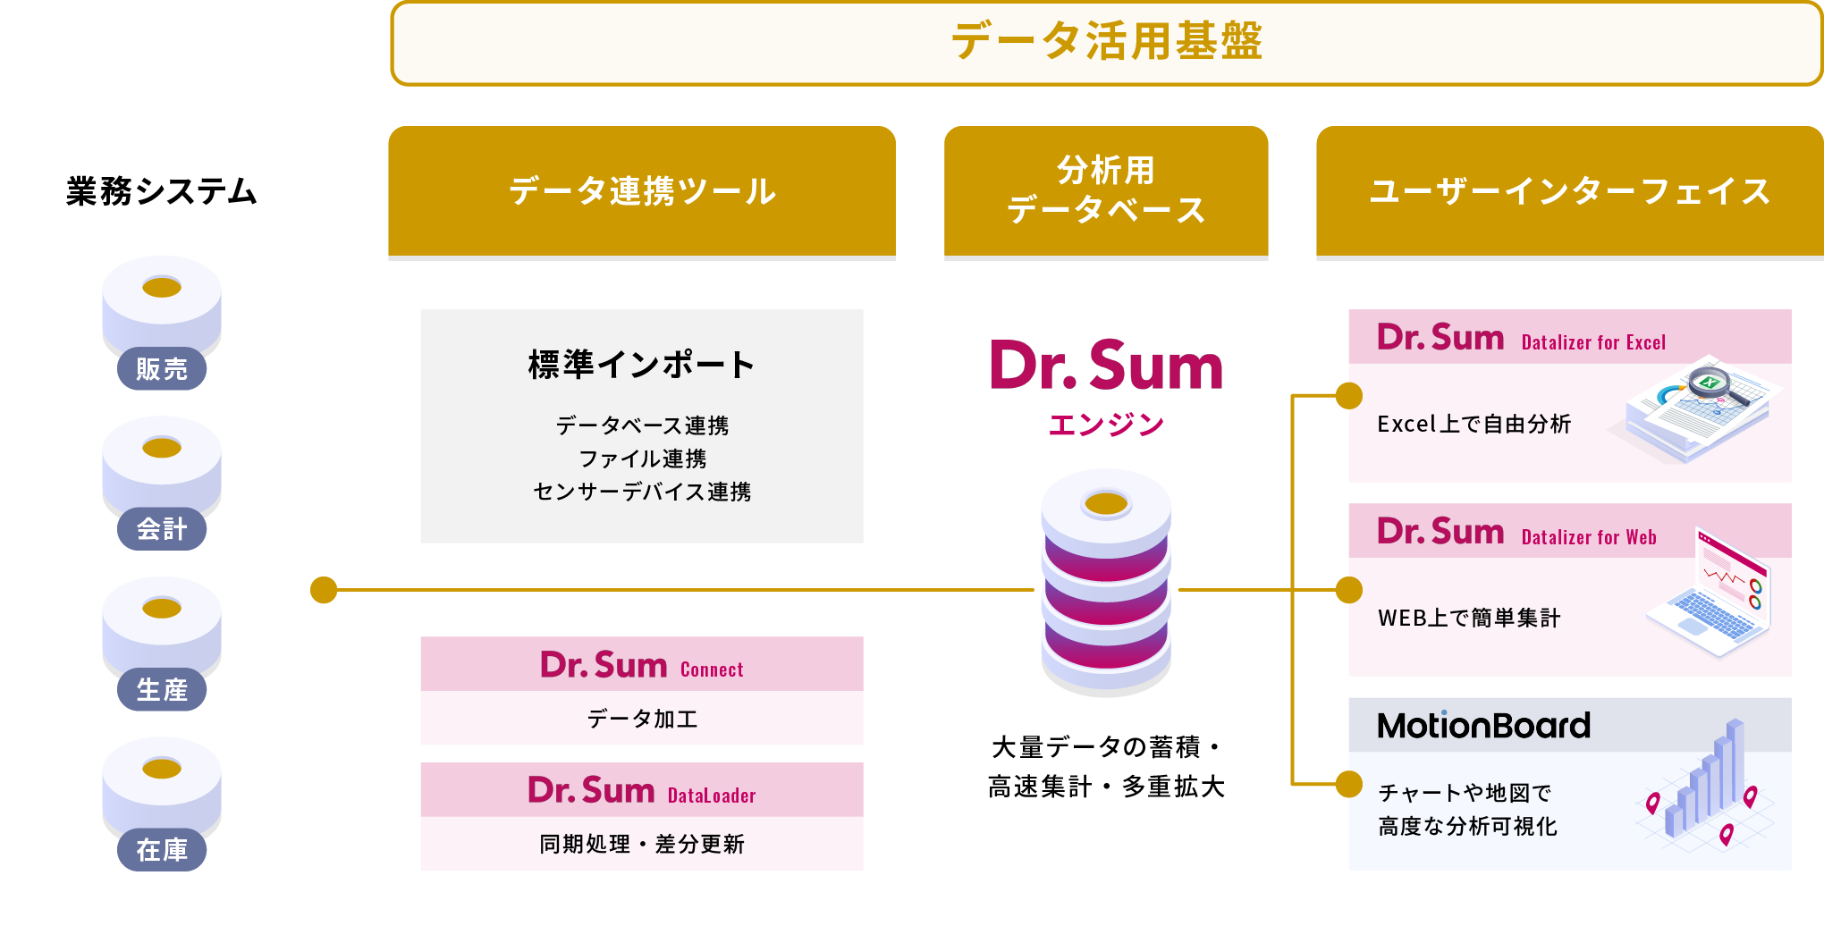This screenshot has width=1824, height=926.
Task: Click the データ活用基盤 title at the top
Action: tap(1106, 42)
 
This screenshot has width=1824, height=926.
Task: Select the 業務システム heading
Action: tap(162, 191)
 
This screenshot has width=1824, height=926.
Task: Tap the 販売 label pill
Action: tap(162, 368)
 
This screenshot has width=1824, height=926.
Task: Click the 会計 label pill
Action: tap(162, 529)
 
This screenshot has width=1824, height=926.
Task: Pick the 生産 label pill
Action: tap(162, 690)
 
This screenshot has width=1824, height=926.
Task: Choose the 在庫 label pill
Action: tap(162, 850)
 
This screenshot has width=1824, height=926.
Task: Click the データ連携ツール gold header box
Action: tap(642, 191)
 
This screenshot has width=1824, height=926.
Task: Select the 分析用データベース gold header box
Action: tap(1106, 190)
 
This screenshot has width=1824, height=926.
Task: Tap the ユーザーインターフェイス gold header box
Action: tap(1569, 191)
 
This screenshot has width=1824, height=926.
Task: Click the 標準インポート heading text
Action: tap(642, 365)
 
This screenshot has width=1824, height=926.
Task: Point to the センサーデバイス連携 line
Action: tap(642, 492)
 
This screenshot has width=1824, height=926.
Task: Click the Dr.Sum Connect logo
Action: tap(642, 666)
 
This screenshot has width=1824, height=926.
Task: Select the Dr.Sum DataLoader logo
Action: tap(642, 791)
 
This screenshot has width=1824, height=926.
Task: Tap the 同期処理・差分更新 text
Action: tap(642, 844)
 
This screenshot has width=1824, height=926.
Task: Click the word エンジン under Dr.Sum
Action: tap(1106, 425)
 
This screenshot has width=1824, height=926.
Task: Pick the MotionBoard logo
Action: tap(1483, 726)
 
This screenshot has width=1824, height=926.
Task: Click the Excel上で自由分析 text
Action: tap(1474, 424)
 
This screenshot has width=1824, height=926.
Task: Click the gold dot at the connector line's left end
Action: tap(324, 590)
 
